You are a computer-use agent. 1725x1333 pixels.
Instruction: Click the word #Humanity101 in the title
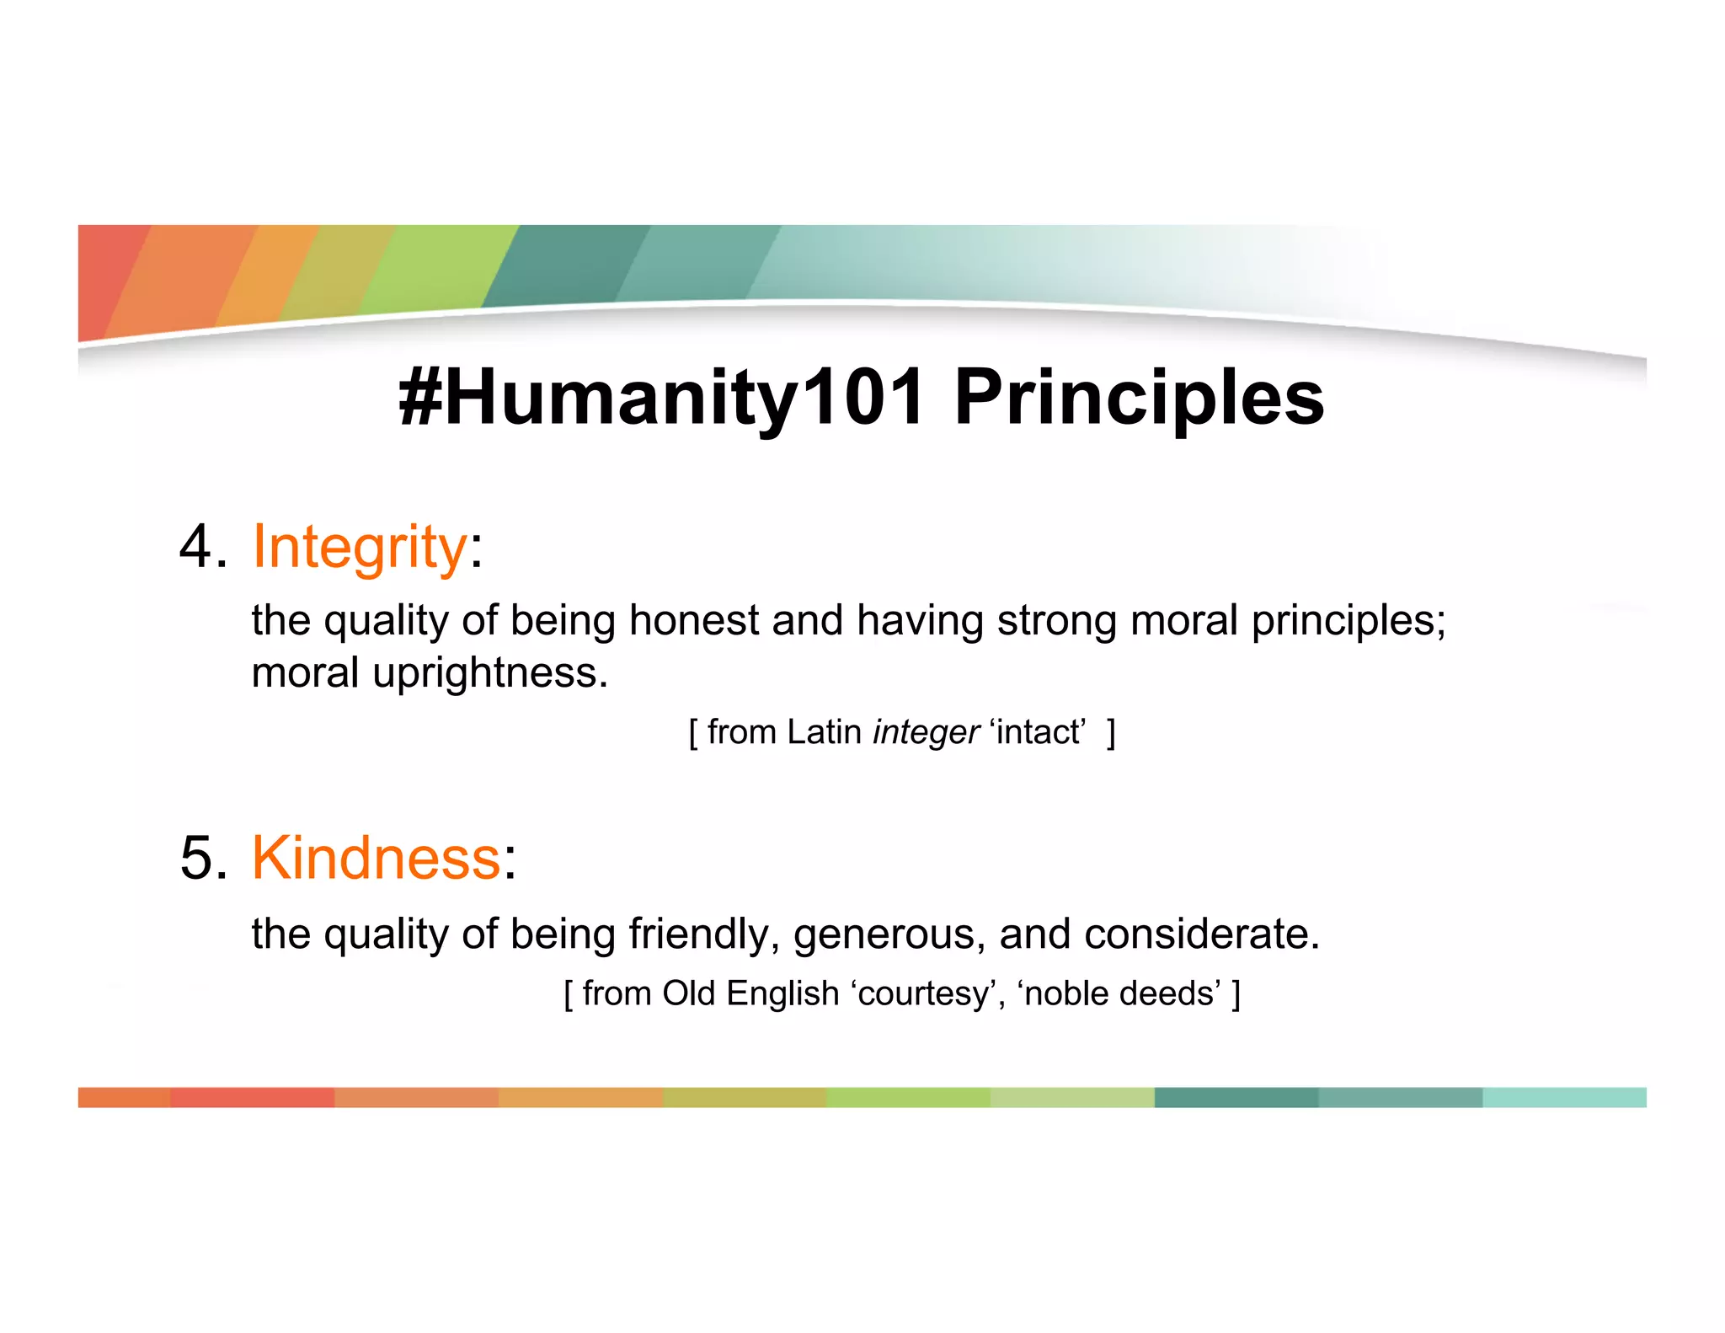661,398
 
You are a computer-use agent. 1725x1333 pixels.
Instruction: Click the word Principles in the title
1139,398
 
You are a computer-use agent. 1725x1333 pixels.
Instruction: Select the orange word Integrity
360,548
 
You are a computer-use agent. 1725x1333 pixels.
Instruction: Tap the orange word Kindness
377,859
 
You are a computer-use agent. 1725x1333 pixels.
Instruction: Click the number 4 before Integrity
198,548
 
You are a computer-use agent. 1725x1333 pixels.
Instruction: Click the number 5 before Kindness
198,859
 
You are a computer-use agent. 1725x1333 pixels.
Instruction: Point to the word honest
693,621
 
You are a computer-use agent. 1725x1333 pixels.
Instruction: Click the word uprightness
489,673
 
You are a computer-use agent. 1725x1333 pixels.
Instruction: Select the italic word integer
926,732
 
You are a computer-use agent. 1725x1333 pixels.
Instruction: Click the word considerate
1201,934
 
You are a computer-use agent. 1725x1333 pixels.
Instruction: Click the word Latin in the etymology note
824,732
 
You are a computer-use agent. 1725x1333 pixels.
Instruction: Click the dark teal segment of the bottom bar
1236,1098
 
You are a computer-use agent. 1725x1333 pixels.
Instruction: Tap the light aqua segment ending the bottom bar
1564,1098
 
